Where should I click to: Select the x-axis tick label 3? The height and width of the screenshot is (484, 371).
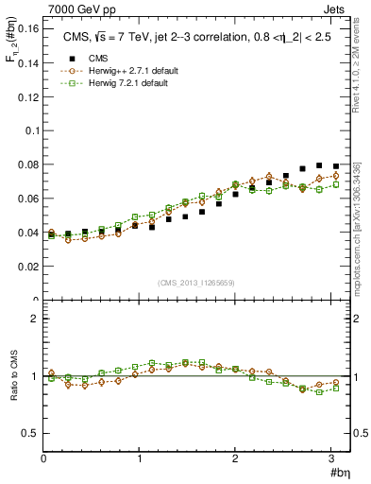click(332, 458)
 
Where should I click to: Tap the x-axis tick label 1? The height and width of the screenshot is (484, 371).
click(140, 458)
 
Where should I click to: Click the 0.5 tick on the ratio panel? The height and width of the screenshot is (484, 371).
click(31, 433)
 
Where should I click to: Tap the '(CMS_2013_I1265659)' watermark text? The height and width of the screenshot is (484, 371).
click(195, 282)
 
